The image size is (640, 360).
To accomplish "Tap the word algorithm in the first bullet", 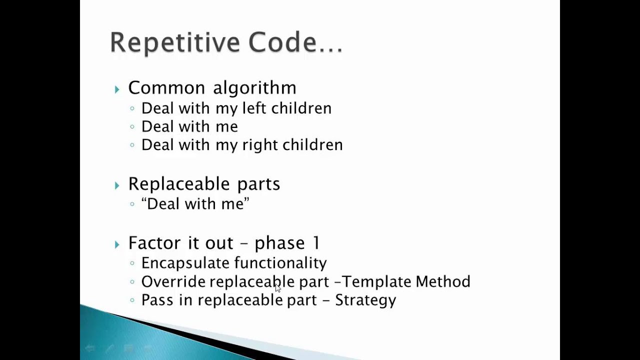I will pyautogui.click(x=254, y=88).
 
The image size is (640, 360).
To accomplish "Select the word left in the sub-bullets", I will pyautogui.click(x=251, y=108).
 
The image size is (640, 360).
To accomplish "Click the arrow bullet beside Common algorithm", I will pyautogui.click(x=117, y=89).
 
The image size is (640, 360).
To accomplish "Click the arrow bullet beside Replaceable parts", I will pyautogui.click(x=117, y=185).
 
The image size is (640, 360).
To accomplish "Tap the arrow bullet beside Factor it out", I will pyautogui.click(x=117, y=244).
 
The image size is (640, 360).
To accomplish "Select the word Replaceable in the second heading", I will pyautogui.click(x=180, y=184).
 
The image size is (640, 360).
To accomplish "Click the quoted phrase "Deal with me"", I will pyautogui.click(x=195, y=204).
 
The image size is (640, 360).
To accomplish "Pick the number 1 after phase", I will pyautogui.click(x=316, y=243).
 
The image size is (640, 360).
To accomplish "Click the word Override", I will pyautogui.click(x=173, y=281).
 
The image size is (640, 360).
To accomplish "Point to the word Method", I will pyautogui.click(x=442, y=281).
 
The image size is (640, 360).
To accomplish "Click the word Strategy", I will pyautogui.click(x=365, y=300).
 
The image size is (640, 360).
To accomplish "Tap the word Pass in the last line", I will pyautogui.click(x=157, y=300).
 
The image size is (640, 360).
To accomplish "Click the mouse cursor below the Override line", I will pyautogui.click(x=278, y=288).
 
